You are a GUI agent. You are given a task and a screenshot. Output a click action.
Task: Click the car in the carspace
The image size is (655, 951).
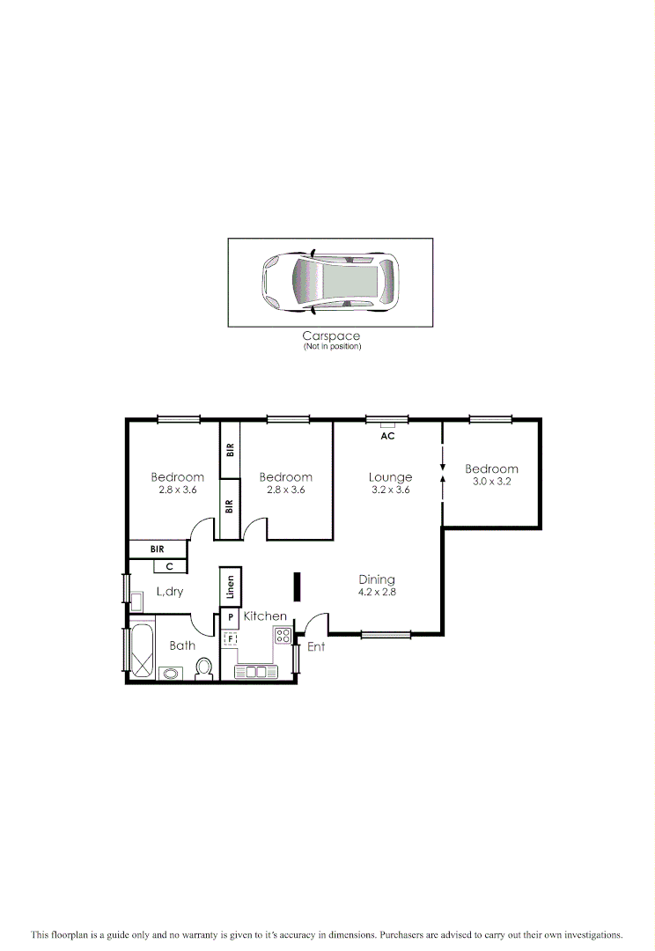pyautogui.click(x=330, y=282)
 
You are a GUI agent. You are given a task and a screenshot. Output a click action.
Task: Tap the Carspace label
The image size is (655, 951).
pyautogui.click(x=331, y=335)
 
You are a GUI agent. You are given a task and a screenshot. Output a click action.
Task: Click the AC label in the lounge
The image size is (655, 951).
pyautogui.click(x=387, y=436)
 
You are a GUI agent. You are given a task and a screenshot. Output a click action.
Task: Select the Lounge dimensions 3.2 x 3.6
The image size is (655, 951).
pyautogui.click(x=390, y=490)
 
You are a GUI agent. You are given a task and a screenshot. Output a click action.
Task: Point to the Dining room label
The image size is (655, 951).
pyautogui.click(x=377, y=579)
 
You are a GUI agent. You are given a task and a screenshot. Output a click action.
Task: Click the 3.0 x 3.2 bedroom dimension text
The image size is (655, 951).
pyautogui.click(x=491, y=482)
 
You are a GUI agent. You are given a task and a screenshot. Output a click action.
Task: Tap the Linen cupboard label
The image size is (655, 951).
pyautogui.click(x=230, y=586)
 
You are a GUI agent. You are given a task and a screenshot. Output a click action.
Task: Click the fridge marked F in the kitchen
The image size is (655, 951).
pyautogui.click(x=231, y=639)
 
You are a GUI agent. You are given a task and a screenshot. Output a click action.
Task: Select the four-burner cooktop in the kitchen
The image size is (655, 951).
pyautogui.click(x=283, y=634)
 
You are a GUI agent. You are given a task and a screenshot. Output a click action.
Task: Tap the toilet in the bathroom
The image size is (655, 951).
pyautogui.click(x=205, y=669)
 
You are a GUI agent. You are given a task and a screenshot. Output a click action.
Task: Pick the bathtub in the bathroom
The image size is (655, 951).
pyautogui.click(x=142, y=652)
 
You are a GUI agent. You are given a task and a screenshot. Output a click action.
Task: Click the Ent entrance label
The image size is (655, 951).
pyautogui.click(x=316, y=647)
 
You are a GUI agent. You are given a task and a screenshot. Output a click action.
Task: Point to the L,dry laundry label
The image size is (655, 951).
pyautogui.click(x=170, y=592)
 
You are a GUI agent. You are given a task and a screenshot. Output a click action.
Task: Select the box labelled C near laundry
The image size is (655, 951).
pyautogui.click(x=170, y=566)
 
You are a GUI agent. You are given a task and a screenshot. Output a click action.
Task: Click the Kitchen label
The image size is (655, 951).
pyautogui.click(x=265, y=616)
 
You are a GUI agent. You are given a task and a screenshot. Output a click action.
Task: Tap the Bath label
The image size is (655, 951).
pyautogui.click(x=182, y=645)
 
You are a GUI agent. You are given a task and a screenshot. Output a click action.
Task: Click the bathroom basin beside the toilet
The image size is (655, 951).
pyautogui.click(x=170, y=675)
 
